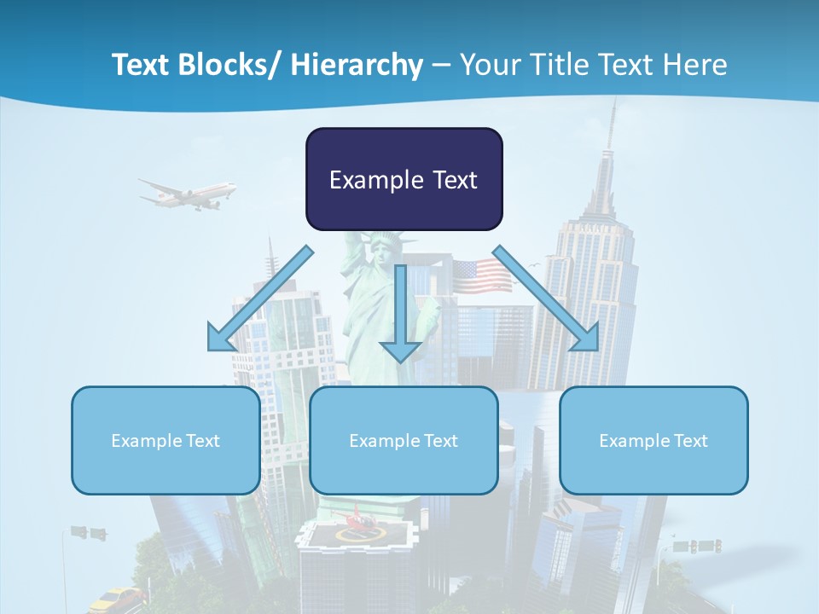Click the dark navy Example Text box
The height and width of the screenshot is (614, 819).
tap(404, 179)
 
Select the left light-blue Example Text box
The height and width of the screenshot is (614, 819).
tap(166, 440)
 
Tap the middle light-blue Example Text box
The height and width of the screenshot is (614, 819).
tap(404, 440)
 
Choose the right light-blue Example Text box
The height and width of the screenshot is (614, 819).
tap(653, 440)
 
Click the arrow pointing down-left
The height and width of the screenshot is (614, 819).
tap(259, 299)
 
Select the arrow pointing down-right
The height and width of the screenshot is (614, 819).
tap(546, 298)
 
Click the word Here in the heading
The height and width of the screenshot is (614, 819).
tap(694, 65)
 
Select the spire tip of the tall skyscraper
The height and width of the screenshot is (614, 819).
tap(612, 107)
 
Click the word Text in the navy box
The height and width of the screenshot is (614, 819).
tap(452, 180)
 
